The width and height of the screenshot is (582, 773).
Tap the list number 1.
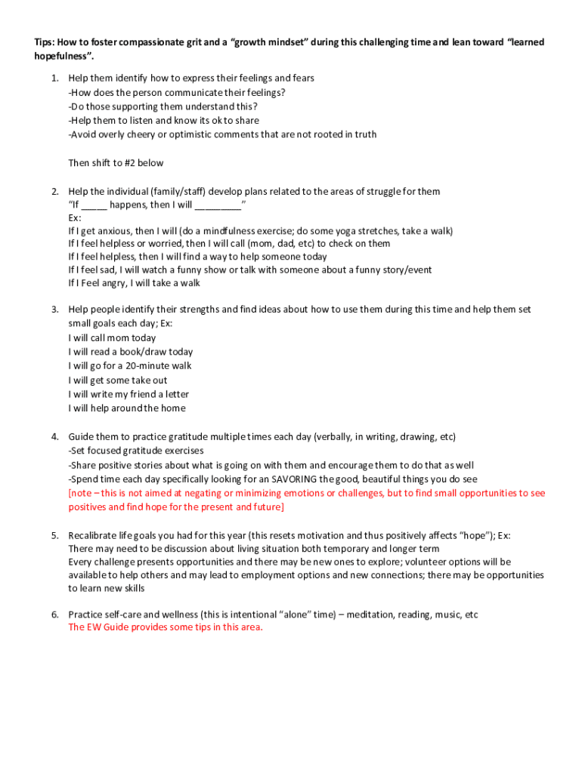pyautogui.click(x=54, y=79)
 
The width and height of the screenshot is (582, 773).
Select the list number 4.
pyautogui.click(x=54, y=437)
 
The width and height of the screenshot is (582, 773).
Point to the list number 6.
pyautogui.click(x=54, y=615)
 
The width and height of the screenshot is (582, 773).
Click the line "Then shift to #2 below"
pyautogui.click(x=116, y=163)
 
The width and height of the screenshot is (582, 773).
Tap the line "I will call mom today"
pyautogui.click(x=112, y=338)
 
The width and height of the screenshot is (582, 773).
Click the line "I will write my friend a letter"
pyautogui.click(x=128, y=394)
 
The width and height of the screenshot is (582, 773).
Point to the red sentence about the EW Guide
pyautogui.click(x=166, y=628)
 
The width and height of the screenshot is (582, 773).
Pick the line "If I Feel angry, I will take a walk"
pyautogui.click(x=134, y=284)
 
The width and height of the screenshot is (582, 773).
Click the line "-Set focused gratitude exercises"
pyautogui.click(x=136, y=451)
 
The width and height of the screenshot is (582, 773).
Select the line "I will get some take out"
pyautogui.click(x=118, y=380)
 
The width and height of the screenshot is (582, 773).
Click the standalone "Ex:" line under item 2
pyautogui.click(x=75, y=217)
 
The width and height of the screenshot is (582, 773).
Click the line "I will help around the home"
pyautogui.click(x=126, y=408)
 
